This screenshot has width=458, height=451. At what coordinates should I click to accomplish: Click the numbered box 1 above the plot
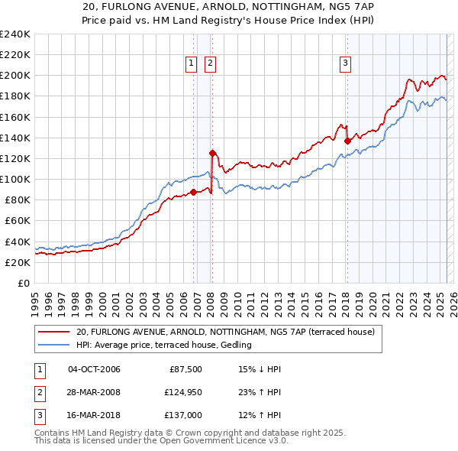pos(190,63)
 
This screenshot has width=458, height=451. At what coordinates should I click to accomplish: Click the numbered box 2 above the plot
pos(210,63)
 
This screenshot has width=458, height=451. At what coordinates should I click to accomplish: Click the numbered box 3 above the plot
pos(345,63)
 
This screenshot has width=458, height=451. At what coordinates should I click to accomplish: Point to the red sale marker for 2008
pos(211,153)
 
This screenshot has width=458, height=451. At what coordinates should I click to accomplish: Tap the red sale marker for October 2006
pos(193,192)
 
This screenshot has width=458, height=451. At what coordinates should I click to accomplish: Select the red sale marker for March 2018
pos(347,141)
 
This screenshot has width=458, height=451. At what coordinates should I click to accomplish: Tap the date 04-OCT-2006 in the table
pos(94,369)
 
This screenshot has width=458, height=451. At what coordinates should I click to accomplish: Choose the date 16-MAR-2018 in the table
pos(94,415)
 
